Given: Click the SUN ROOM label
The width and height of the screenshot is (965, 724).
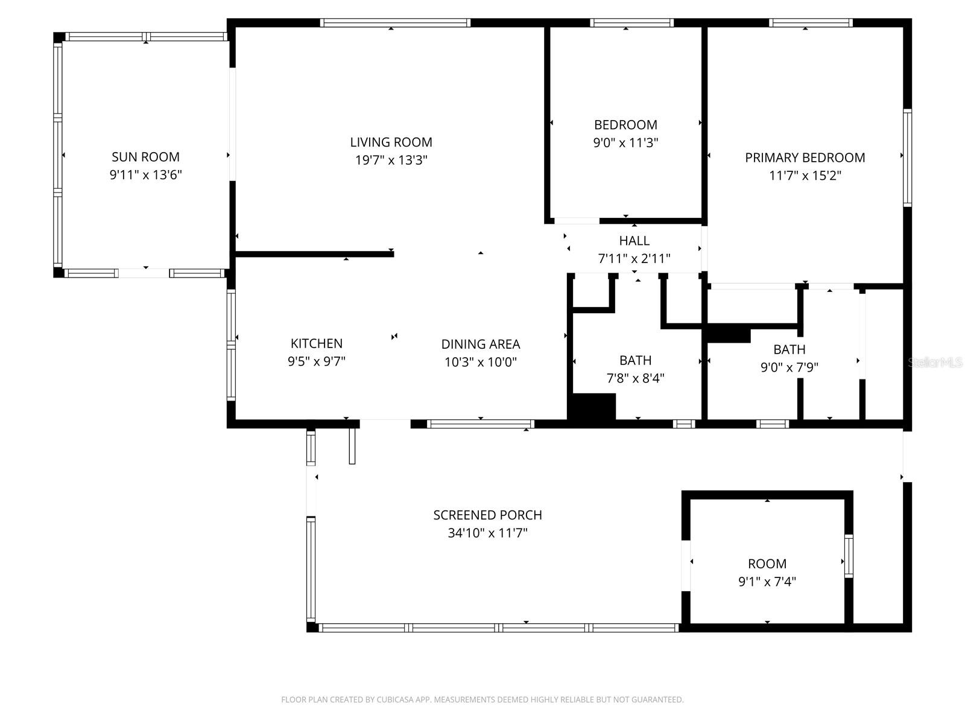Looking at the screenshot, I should tap(145, 157).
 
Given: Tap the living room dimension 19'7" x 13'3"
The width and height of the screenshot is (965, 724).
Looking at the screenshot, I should tap(391, 160).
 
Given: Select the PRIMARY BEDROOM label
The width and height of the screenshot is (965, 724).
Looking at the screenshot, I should tap(805, 157).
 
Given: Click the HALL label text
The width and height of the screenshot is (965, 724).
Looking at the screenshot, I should tap(634, 241).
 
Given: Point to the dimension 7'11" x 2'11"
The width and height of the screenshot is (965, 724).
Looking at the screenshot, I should tap(634, 259).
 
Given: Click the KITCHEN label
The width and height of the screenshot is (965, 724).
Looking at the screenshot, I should tap(316, 343).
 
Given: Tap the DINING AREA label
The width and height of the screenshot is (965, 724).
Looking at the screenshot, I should tap(480, 344).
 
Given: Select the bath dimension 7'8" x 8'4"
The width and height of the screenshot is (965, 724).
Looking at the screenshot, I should tap(635, 378).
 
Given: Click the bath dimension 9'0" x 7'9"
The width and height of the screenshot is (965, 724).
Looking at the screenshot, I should tap(789, 367).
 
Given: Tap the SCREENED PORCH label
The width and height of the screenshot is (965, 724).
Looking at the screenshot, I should tap(487, 515).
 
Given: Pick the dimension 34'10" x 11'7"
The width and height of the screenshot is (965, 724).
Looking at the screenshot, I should tap(487, 533).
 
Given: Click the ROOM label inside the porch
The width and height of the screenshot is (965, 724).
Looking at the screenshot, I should tap(767, 564).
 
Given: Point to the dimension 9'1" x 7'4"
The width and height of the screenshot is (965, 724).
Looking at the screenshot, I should tap(767, 582).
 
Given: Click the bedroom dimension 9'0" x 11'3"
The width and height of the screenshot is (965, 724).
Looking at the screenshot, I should tap(625, 143).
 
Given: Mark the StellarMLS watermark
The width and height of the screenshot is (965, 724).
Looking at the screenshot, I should tap(935, 363).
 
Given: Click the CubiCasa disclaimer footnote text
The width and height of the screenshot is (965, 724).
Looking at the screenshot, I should tap(482, 700).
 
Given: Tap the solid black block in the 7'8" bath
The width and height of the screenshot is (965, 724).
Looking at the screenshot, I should tap(592, 407).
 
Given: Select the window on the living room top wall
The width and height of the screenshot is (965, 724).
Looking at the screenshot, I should tap(394, 23).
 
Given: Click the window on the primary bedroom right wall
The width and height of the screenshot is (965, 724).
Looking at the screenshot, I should tap(906, 158).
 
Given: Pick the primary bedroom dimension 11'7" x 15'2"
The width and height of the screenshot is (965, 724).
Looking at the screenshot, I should tap(805, 176).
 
